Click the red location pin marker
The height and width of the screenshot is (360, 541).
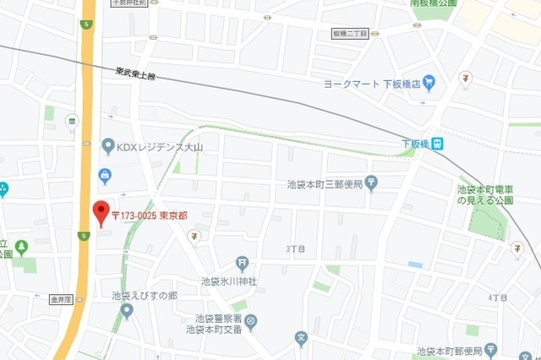pyautogui.click(x=101, y=212)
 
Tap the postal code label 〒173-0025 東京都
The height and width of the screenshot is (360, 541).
pyautogui.click(x=150, y=215)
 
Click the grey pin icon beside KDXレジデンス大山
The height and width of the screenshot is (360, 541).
pyautogui.click(x=107, y=147)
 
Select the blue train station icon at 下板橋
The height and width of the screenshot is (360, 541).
pyautogui.click(x=439, y=145)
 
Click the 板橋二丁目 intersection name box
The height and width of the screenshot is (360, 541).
pyautogui.click(x=350, y=33)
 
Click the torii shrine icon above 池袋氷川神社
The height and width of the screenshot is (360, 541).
pyautogui.click(x=243, y=265)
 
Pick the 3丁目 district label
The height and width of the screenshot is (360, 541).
pyautogui.click(x=295, y=248)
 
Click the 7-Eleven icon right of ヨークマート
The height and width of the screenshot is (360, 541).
pyautogui.click(x=465, y=79)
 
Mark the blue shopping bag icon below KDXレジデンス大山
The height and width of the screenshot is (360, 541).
pyautogui.click(x=106, y=176)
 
